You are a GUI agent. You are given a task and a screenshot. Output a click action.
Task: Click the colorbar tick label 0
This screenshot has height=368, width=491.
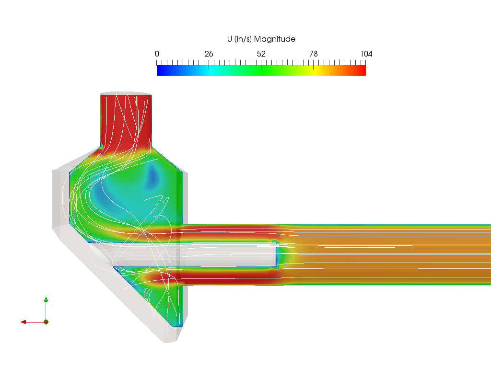(157, 54)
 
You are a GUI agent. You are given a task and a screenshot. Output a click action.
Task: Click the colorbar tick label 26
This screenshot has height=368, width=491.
(209, 54)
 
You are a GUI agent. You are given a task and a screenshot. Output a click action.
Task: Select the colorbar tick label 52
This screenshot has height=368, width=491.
(261, 54)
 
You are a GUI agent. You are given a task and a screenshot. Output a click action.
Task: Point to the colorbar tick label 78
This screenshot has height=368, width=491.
(314, 54)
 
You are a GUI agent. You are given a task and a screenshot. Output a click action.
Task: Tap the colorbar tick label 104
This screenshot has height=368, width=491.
(366, 54)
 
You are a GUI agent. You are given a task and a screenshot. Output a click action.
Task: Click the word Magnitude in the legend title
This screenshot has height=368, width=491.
(275, 39)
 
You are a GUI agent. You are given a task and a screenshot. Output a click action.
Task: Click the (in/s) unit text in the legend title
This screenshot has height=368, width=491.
(243, 39)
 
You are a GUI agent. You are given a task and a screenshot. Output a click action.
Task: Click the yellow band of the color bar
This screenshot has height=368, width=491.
(313, 70)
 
